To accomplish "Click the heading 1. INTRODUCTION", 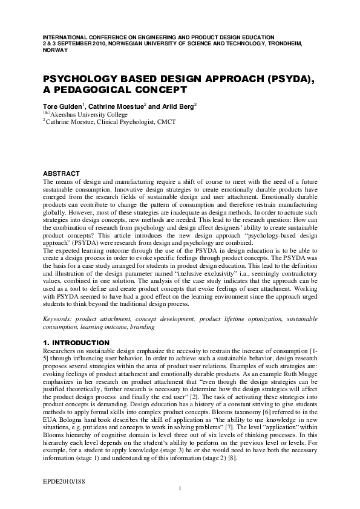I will click(x=76, y=343).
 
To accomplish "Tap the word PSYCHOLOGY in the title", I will click(x=79, y=79).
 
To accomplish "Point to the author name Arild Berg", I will click(x=177, y=106).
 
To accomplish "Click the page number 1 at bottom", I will click(x=180, y=505).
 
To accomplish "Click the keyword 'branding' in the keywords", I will click(x=142, y=327).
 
